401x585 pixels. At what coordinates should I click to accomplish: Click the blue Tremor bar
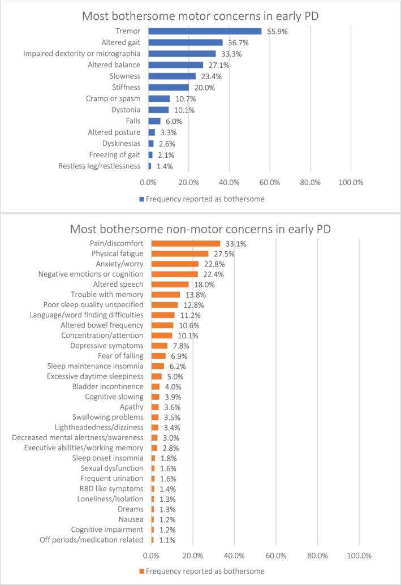coord(205,31)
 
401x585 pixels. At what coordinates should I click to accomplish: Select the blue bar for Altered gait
coord(186,42)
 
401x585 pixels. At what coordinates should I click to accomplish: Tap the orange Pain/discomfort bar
coord(186,244)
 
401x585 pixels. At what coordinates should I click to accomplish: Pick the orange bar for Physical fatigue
coord(180,253)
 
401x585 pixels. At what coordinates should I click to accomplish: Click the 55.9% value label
coord(277,32)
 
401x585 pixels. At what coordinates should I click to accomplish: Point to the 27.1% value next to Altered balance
coord(219,65)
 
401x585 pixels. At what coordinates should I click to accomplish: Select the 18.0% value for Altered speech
coord(204,285)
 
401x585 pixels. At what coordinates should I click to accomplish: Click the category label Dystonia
coord(126,110)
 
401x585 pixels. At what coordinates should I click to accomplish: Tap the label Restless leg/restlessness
coord(99,166)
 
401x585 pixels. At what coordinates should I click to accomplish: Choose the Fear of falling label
coord(120,356)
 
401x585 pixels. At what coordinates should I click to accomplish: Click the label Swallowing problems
coord(108,417)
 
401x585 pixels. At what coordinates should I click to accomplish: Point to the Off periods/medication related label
coord(92,540)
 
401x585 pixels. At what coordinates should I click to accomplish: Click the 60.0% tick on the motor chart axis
coord(270,182)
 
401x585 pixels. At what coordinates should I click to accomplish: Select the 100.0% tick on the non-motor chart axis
coord(359,556)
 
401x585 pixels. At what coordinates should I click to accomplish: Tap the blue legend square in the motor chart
coord(142,199)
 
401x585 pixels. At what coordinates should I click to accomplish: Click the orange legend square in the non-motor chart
coord(142,571)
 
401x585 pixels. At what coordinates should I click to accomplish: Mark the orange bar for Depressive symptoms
coord(159,346)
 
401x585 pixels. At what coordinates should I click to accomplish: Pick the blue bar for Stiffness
coord(169,87)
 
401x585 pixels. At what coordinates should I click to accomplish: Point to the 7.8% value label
coord(181,346)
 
